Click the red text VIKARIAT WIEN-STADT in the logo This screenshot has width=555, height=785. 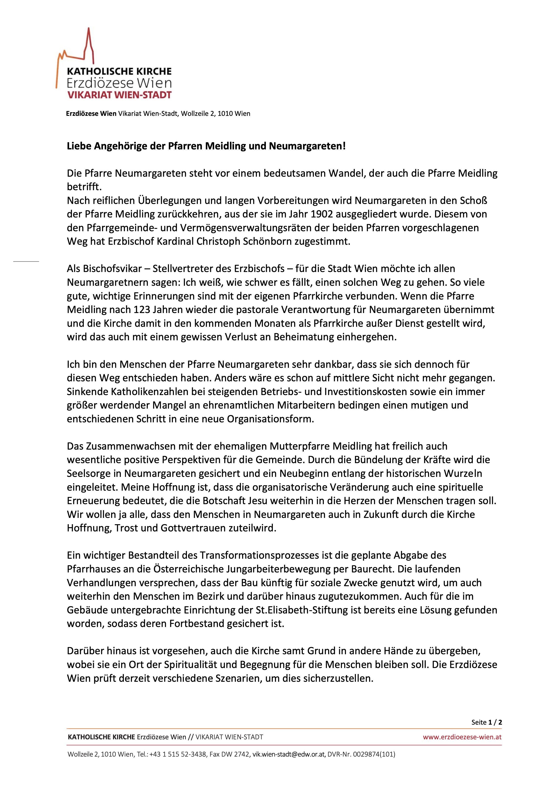click(x=119, y=95)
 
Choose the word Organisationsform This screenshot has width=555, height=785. click(x=270, y=419)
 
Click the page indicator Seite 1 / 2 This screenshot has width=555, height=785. click(x=486, y=722)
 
